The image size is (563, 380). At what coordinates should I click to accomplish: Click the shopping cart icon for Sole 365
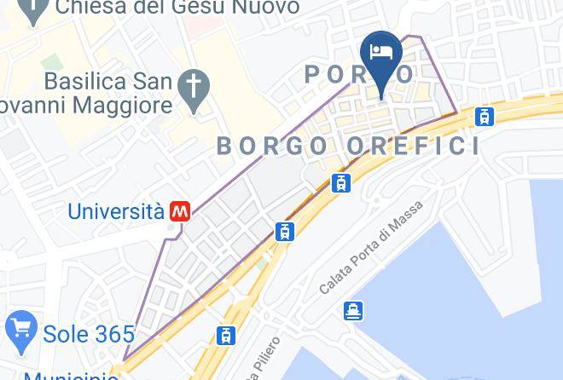point(20,328)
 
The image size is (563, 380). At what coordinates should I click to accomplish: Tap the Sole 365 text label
point(90,335)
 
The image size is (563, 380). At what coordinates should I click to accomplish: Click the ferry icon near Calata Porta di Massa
point(353,311)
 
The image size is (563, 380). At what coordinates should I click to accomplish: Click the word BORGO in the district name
point(271,146)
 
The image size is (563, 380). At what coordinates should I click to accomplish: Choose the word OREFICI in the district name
point(412,146)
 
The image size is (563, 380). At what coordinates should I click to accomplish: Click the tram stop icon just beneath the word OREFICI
point(341,182)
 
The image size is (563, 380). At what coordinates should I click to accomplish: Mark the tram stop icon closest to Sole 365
point(225,336)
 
